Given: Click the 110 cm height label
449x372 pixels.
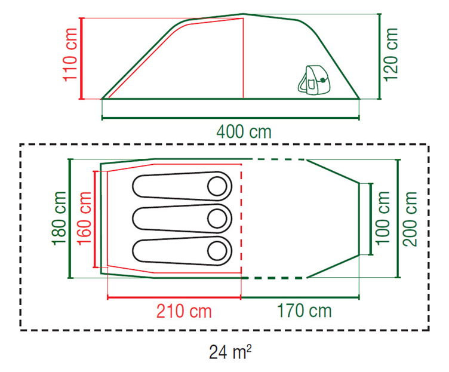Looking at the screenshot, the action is (70, 55).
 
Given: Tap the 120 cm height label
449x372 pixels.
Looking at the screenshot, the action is (391, 54).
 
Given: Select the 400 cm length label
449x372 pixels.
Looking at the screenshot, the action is (244, 132).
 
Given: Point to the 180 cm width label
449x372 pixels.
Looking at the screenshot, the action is (59, 218).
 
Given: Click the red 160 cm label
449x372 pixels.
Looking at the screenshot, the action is (84, 218).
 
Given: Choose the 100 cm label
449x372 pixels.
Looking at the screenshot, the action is (383, 218).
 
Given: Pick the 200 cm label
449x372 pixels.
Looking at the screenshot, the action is (410, 219).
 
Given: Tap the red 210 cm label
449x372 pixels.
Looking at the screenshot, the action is (184, 311).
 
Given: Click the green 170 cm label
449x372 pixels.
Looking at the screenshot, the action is (304, 311).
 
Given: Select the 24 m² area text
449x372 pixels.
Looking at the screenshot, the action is (230, 352).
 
